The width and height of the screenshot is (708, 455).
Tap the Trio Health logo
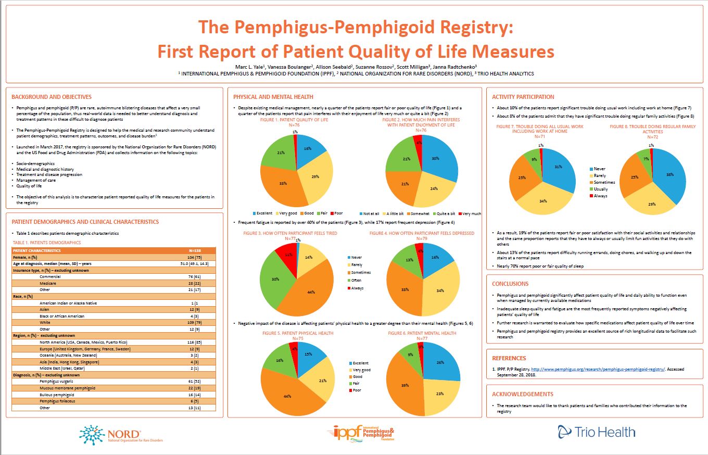pos(596,432)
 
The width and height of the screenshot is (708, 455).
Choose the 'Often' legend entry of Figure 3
pos(357,280)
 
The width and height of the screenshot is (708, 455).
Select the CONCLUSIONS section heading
pos(510,284)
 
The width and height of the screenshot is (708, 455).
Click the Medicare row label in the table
pos(48,283)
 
